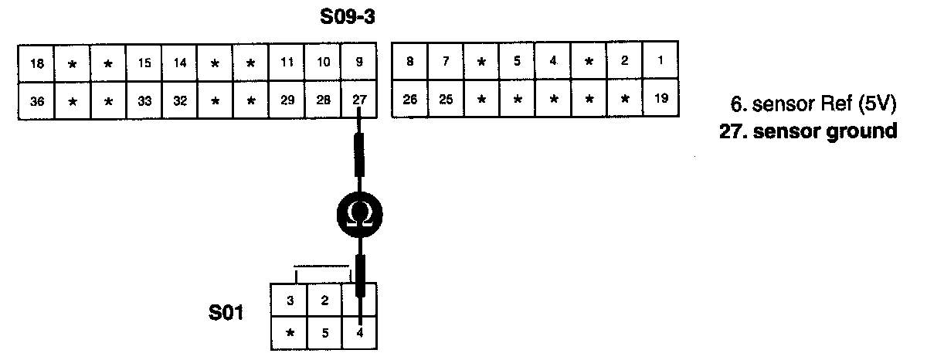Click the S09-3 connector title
point(348,16)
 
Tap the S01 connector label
point(226,314)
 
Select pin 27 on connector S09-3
point(359,100)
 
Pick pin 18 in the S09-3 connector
point(36,63)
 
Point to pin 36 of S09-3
point(36,100)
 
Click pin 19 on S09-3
point(659,99)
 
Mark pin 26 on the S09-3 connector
point(410,99)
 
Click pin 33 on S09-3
point(144,100)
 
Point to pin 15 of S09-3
point(144,63)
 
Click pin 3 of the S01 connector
point(290,301)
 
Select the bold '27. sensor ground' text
point(808,131)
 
